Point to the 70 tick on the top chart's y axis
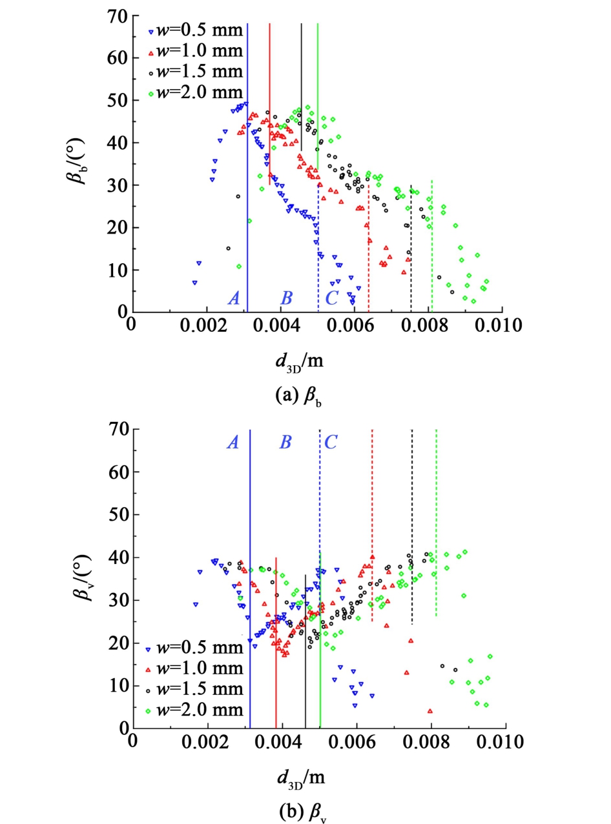pos(116,15)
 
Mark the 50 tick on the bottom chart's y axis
pos(116,515)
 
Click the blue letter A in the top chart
pos(234,298)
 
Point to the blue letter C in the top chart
pos(331,298)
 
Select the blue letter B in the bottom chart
pos(286,442)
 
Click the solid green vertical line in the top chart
pos(318,90)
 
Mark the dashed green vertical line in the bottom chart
pos(436,516)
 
